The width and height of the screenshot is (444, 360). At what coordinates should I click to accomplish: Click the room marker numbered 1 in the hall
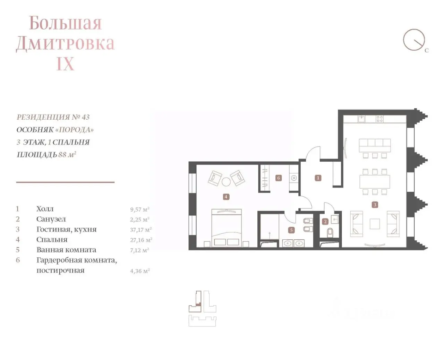318,178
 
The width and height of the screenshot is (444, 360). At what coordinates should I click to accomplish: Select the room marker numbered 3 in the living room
375,205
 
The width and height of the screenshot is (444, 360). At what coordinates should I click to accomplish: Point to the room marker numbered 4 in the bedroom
226,197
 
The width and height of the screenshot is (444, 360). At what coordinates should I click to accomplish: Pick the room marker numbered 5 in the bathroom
291,230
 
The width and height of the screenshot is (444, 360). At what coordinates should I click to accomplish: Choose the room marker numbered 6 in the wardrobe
279,178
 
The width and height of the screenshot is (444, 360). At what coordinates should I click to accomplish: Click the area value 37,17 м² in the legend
141,230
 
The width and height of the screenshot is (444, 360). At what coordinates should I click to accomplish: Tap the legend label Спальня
52,240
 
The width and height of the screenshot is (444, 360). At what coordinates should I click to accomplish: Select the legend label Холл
45,209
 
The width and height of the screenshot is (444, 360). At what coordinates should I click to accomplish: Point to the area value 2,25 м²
140,220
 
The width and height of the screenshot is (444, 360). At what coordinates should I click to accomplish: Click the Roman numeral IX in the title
65,63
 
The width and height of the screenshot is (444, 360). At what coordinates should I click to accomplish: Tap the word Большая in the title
65,23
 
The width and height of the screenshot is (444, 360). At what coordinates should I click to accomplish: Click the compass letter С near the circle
427,50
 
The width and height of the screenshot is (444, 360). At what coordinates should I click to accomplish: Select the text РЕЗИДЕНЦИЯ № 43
53,117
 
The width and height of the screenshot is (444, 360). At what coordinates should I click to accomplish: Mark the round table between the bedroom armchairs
226,182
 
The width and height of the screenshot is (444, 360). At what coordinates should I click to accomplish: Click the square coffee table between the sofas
375,224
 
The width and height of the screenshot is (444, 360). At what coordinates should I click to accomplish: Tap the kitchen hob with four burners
379,119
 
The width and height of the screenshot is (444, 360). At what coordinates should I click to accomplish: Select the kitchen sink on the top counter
361,119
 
